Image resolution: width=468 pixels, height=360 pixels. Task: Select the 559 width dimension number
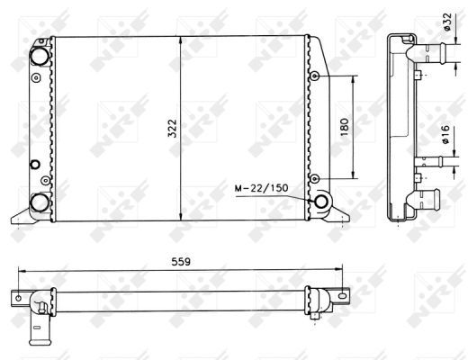coord(184,264)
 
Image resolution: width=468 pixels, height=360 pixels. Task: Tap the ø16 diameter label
coord(446,136)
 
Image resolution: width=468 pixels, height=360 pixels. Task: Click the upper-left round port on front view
coord(40,55)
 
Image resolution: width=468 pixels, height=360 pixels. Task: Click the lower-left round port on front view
coord(40,201)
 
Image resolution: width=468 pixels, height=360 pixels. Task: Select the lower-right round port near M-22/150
coord(320,201)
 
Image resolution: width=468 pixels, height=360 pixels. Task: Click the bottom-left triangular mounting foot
coord(22,215)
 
